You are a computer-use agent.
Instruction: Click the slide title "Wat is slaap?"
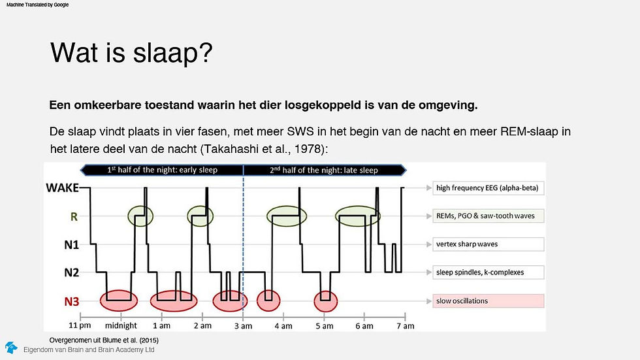click(x=131, y=53)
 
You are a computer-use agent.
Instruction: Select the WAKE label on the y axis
click(x=62, y=188)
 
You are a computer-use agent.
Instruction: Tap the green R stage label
click(x=74, y=217)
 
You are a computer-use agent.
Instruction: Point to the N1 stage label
click(x=71, y=244)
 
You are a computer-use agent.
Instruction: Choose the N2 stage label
click(x=71, y=272)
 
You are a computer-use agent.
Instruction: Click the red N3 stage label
click(x=71, y=302)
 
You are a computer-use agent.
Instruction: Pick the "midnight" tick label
click(x=121, y=326)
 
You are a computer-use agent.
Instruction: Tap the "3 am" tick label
click(x=243, y=326)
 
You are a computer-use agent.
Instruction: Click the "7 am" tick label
click(x=406, y=326)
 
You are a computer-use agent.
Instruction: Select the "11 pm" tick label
click(x=80, y=326)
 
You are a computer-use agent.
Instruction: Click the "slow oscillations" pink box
click(x=488, y=301)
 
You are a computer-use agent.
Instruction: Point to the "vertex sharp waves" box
click(x=488, y=244)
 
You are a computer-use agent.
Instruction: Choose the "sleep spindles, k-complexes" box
click(x=488, y=272)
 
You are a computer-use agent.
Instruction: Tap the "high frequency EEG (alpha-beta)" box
click(x=488, y=188)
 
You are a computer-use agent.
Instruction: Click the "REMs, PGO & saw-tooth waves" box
click(x=488, y=216)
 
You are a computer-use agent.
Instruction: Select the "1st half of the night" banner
click(x=162, y=170)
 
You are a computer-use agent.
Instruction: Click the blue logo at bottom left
click(x=12, y=348)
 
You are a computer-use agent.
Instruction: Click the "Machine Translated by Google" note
click(x=38, y=5)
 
